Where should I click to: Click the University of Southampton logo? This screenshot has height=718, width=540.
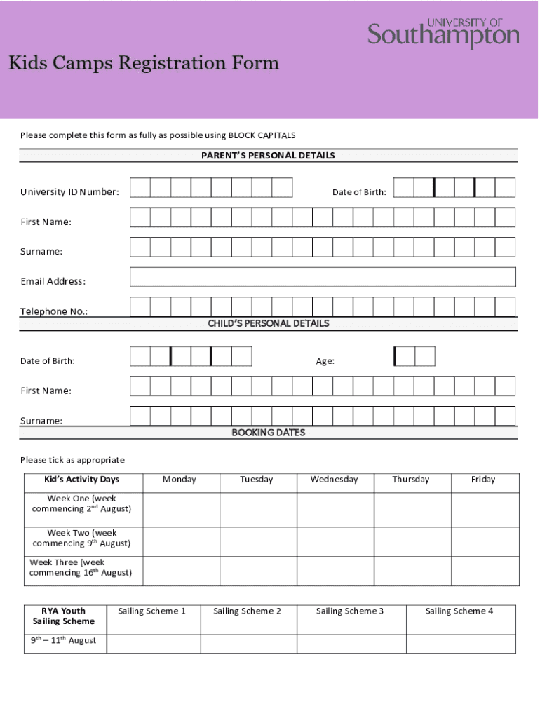443,34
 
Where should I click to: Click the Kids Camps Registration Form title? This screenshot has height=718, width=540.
143,64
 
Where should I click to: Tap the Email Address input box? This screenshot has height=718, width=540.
323,277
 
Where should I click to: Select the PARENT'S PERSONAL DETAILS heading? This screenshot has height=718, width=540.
269,156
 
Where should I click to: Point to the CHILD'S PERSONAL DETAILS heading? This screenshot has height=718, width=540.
269,324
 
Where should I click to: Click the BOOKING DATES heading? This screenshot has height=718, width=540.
269,433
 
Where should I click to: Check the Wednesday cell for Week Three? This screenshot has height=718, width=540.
335,571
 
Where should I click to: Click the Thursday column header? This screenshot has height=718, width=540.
411,480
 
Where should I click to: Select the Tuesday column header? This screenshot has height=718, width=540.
257,480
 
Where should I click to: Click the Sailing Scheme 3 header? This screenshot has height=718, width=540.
350,611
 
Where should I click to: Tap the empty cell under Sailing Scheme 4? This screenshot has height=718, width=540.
461,644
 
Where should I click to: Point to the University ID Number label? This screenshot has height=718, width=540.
69,192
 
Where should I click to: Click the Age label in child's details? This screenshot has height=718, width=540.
325,361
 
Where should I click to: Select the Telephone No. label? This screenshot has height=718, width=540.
54,311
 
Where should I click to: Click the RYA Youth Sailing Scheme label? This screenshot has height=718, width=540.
64,616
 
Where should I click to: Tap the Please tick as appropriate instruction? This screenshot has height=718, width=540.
72,460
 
